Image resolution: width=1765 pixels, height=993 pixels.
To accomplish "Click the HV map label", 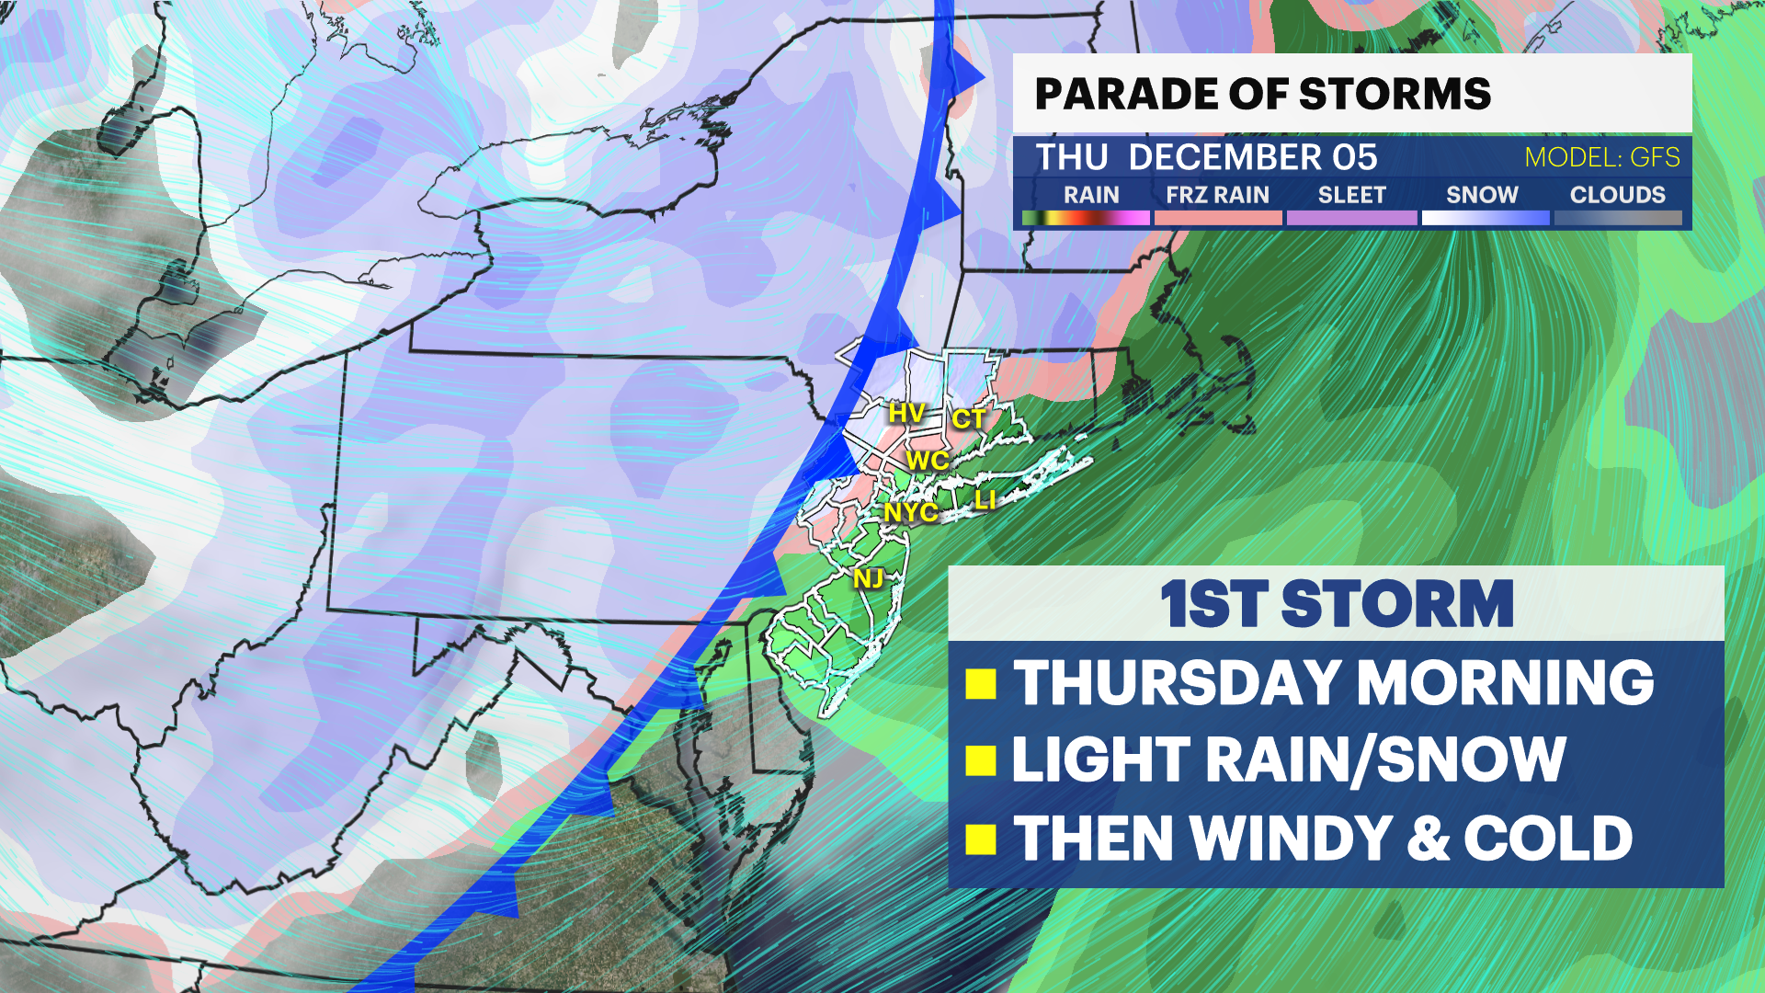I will [905, 413].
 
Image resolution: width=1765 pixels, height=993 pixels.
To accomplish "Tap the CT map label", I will [968, 419].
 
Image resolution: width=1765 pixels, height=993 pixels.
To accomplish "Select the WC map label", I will [927, 461].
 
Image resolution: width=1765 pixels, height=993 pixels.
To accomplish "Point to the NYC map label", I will [910, 512].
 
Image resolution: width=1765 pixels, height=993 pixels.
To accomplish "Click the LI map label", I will [985, 500].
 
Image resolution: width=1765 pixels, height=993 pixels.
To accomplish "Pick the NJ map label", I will [868, 578].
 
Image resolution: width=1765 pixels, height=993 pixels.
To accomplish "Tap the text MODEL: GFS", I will [1601, 157].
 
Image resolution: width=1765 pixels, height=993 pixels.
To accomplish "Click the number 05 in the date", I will [1355, 157].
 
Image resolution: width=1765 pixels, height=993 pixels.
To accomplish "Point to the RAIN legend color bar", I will [1086, 218].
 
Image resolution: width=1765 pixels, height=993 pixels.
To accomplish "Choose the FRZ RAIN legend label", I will [1217, 195].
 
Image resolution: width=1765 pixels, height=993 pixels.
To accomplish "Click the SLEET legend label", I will [1351, 195].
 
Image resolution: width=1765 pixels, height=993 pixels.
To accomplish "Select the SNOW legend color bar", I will [1485, 218].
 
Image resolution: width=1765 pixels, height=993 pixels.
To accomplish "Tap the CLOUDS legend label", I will [1617, 195].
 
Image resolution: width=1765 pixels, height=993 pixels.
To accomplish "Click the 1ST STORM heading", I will [1336, 604].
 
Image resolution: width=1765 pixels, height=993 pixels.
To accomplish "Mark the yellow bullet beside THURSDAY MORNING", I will [981, 684].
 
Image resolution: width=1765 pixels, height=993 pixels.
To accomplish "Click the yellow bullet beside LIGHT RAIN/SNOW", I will [981, 761].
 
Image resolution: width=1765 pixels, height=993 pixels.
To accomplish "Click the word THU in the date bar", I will [1071, 157].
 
